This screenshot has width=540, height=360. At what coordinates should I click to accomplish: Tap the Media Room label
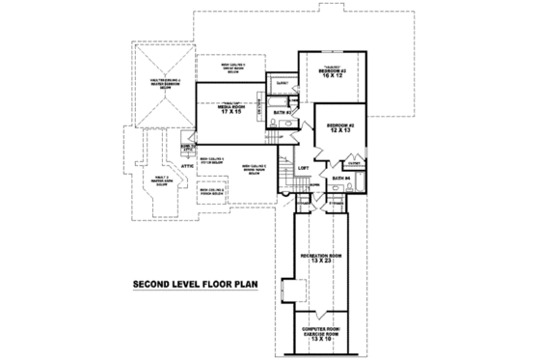click(228, 106)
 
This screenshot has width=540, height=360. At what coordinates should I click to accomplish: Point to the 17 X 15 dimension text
click(228, 113)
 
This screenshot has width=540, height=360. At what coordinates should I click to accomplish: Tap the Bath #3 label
click(282, 113)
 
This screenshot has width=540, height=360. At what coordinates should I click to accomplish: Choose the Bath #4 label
click(339, 179)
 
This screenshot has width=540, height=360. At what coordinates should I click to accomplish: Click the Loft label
click(302, 168)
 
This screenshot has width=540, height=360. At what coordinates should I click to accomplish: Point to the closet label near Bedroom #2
click(356, 164)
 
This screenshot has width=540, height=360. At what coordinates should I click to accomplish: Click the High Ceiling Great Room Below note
click(228, 69)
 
